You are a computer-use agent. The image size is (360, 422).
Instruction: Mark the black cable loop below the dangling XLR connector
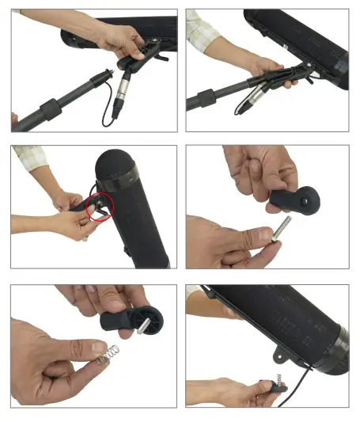click(x=111, y=119)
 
